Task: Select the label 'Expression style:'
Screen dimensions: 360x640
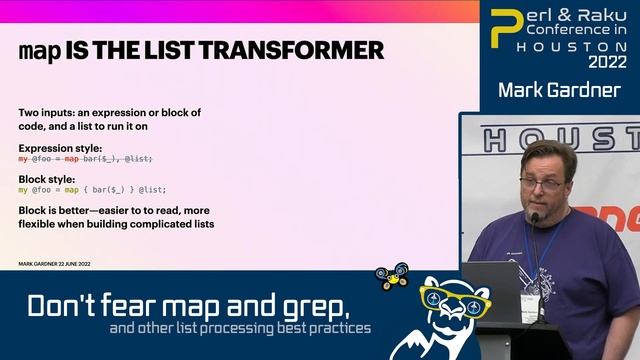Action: pos(60,148)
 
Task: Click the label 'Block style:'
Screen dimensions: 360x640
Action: pos(47,179)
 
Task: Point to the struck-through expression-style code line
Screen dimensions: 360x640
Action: pos(86,159)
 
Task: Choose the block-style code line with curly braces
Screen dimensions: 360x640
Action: pos(92,190)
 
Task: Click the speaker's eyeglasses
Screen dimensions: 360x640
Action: pos(541,184)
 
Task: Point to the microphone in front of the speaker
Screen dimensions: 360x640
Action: pos(534,217)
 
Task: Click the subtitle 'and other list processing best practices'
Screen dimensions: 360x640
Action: pos(240,328)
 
